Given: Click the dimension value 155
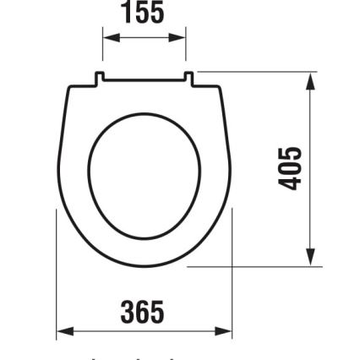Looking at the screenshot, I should tap(144, 13).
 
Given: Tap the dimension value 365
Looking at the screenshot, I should tap(143, 312).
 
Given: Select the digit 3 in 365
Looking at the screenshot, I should tap(129, 312).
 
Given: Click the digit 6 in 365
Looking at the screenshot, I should tap(143, 312).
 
